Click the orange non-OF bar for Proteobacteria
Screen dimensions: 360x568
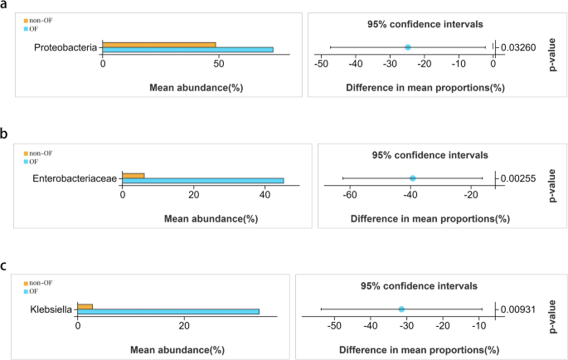pyautogui.click(x=158, y=45)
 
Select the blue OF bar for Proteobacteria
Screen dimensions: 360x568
pyautogui.click(x=187, y=51)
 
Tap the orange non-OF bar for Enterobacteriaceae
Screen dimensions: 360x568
pyautogui.click(x=133, y=175)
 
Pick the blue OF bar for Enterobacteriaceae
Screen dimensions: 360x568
pyautogui.click(x=202, y=181)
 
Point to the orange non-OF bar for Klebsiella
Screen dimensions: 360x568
pyautogui.click(x=85, y=306)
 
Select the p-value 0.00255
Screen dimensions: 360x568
pyautogui.click(x=519, y=178)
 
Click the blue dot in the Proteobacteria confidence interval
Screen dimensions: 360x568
pyautogui.click(x=407, y=47)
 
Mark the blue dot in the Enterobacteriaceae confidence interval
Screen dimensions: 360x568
pyautogui.click(x=412, y=178)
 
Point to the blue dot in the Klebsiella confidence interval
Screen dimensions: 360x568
pyautogui.click(x=401, y=309)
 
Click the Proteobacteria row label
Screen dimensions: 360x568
pyautogui.click(x=66, y=48)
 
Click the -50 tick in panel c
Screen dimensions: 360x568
pyautogui.click(x=335, y=325)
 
